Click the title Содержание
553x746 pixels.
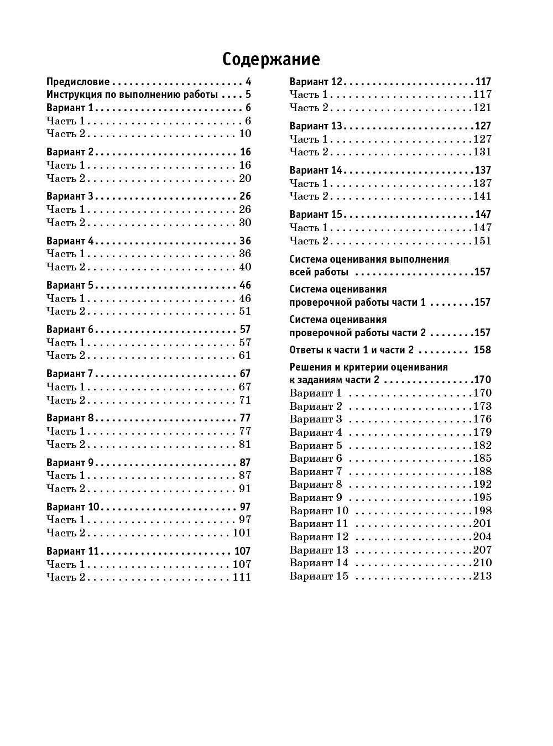(x=271, y=59)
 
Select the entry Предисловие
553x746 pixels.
(x=78, y=81)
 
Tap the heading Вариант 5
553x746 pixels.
(x=70, y=285)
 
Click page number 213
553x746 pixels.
(x=482, y=576)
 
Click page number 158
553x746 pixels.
(x=482, y=350)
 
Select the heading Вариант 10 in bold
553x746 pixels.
(x=72, y=507)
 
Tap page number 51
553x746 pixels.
(x=245, y=311)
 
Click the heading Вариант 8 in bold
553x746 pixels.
(x=70, y=418)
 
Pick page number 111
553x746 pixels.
(x=242, y=577)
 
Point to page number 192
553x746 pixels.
(x=482, y=484)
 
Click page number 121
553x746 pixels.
(x=482, y=108)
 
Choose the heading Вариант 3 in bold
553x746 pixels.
(x=70, y=196)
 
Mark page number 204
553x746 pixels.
(x=482, y=537)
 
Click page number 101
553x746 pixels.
(x=242, y=533)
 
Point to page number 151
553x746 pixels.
(x=482, y=241)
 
